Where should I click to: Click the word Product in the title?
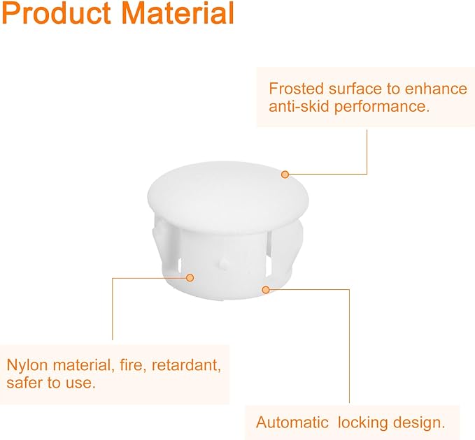[57, 13]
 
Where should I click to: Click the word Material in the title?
[178, 13]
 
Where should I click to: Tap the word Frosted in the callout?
[297, 89]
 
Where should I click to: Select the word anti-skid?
[299, 106]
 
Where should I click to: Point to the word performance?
[382, 108]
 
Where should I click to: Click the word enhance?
[436, 89]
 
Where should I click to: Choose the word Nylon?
[27, 366]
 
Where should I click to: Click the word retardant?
[186, 365]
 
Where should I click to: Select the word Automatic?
[292, 422]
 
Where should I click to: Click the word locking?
[362, 423]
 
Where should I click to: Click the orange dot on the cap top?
[285, 175]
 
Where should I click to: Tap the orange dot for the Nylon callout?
[190, 277]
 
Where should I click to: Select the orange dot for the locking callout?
[266, 290]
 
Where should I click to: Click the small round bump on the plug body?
[224, 263]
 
